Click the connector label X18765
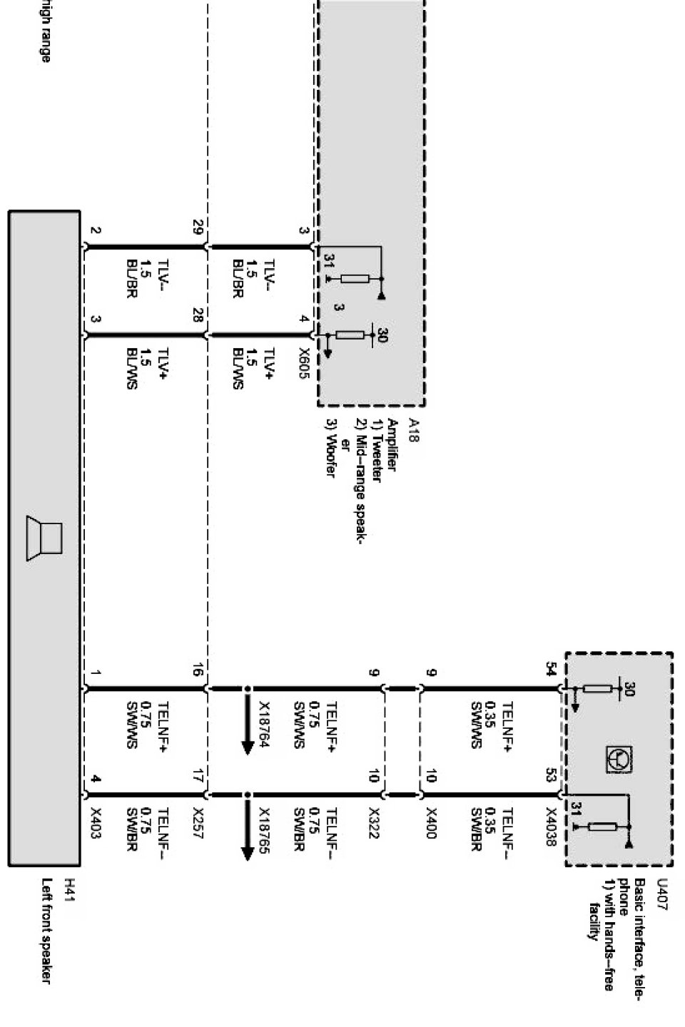pyautogui.click(x=263, y=827)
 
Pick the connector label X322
pyautogui.click(x=372, y=822)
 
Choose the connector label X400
pyautogui.click(x=431, y=822)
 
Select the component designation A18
pyautogui.click(x=412, y=430)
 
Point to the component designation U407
pyautogui.click(x=661, y=891)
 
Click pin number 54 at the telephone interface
pyautogui.click(x=551, y=668)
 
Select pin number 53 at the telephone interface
pyautogui.click(x=551, y=775)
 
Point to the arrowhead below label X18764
pyautogui.click(x=248, y=747)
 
